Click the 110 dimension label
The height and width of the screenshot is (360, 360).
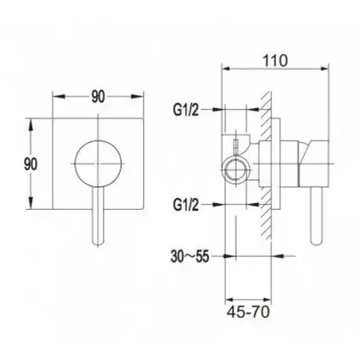pyautogui.click(x=275, y=61)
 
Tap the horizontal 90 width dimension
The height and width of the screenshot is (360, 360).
pyautogui.click(x=98, y=97)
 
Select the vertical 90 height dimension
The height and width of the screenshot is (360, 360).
pyautogui.click(x=31, y=165)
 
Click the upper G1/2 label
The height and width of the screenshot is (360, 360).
pyautogui.click(x=186, y=110)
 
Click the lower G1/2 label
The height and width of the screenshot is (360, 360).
pyautogui.click(x=186, y=205)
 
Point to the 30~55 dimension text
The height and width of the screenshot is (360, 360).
pyautogui.click(x=190, y=256)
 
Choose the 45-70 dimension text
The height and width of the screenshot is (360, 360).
pyautogui.click(x=249, y=312)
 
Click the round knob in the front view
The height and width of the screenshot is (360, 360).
pyautogui.click(x=98, y=164)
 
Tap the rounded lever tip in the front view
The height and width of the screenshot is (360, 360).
pyautogui.click(x=98, y=242)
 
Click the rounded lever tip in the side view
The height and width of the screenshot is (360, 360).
pyautogui.click(x=316, y=242)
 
